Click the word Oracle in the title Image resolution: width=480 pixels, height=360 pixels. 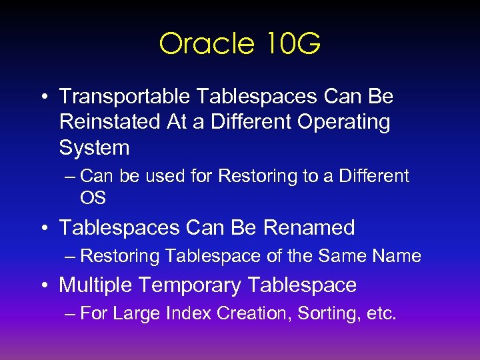207,44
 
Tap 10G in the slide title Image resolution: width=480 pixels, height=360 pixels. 291,44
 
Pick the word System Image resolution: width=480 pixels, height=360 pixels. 94,147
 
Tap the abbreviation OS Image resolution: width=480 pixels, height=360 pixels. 93,198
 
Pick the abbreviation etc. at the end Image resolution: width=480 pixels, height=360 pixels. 381,313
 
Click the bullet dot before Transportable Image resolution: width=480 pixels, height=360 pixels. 43,97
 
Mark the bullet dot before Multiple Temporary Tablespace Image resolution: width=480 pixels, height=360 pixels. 43,286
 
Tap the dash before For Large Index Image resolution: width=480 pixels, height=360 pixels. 71,314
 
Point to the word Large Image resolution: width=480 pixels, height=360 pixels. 135,313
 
